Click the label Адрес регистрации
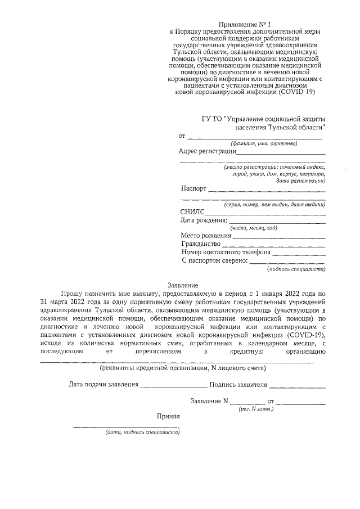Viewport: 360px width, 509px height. [x=206, y=151]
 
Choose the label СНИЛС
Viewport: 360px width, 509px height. [x=192, y=212]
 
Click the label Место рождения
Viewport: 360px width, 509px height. [x=206, y=235]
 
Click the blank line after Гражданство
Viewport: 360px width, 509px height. [x=275, y=245]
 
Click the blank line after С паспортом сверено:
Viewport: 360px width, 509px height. [x=287, y=262]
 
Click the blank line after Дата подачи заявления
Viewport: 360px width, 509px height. [x=173, y=387]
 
